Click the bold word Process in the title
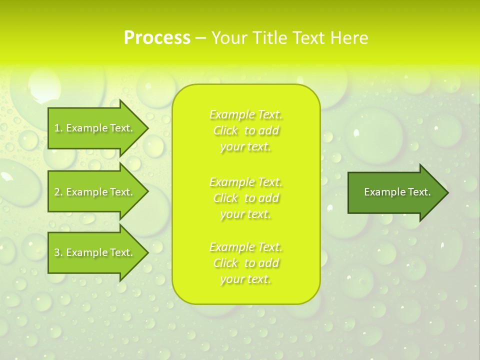point(157,38)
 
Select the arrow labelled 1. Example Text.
point(95,128)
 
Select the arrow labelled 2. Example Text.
point(95,192)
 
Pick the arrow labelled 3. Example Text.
point(95,252)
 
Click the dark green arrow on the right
point(395,192)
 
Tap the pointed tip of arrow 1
point(146,128)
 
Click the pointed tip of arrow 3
point(146,252)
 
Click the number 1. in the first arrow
point(58,128)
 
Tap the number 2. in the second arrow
point(58,192)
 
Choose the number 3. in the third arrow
point(58,252)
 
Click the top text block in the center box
point(245,130)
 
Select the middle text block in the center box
point(245,198)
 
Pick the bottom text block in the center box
point(245,263)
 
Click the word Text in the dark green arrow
point(419,192)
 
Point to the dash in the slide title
point(200,38)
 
